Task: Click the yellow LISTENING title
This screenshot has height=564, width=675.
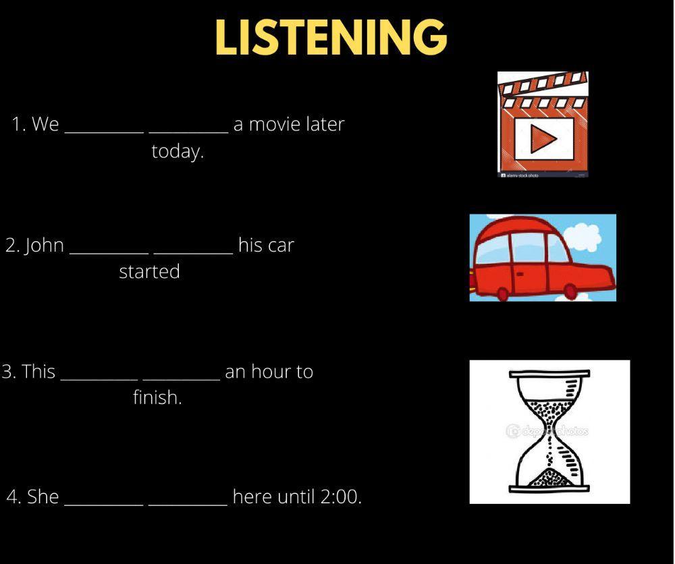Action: pyautogui.click(x=331, y=37)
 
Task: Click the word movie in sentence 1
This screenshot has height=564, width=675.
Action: pyautogui.click(x=275, y=124)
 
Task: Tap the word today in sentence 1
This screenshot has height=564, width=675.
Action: pyautogui.click(x=178, y=152)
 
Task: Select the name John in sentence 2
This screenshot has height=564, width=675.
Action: pyautogui.click(x=44, y=245)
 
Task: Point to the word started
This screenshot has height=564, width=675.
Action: pyautogui.click(x=149, y=272)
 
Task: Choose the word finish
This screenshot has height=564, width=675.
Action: pyautogui.click(x=157, y=398)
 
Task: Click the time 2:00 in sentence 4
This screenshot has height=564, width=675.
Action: pyautogui.click(x=340, y=497)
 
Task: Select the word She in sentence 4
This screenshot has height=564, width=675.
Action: pyautogui.click(x=43, y=497)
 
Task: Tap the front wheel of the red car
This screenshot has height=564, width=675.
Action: pyautogui.click(x=570, y=291)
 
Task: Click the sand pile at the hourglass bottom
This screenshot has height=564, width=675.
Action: pyautogui.click(x=549, y=478)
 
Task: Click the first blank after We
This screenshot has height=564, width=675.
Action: pyautogui.click(x=104, y=128)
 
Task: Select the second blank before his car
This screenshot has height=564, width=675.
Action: pyautogui.click(x=194, y=249)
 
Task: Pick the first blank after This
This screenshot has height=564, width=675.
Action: pyautogui.click(x=99, y=376)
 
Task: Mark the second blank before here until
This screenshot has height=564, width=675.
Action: pyautogui.click(x=188, y=501)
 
